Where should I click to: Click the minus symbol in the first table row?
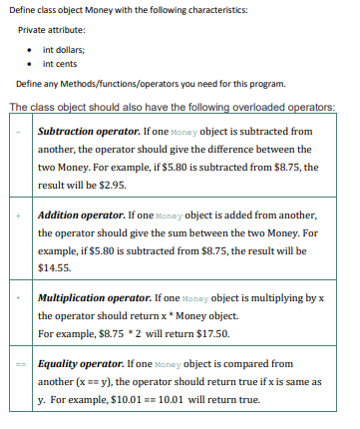(x=19, y=132)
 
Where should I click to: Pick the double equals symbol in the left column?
(x=19, y=365)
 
